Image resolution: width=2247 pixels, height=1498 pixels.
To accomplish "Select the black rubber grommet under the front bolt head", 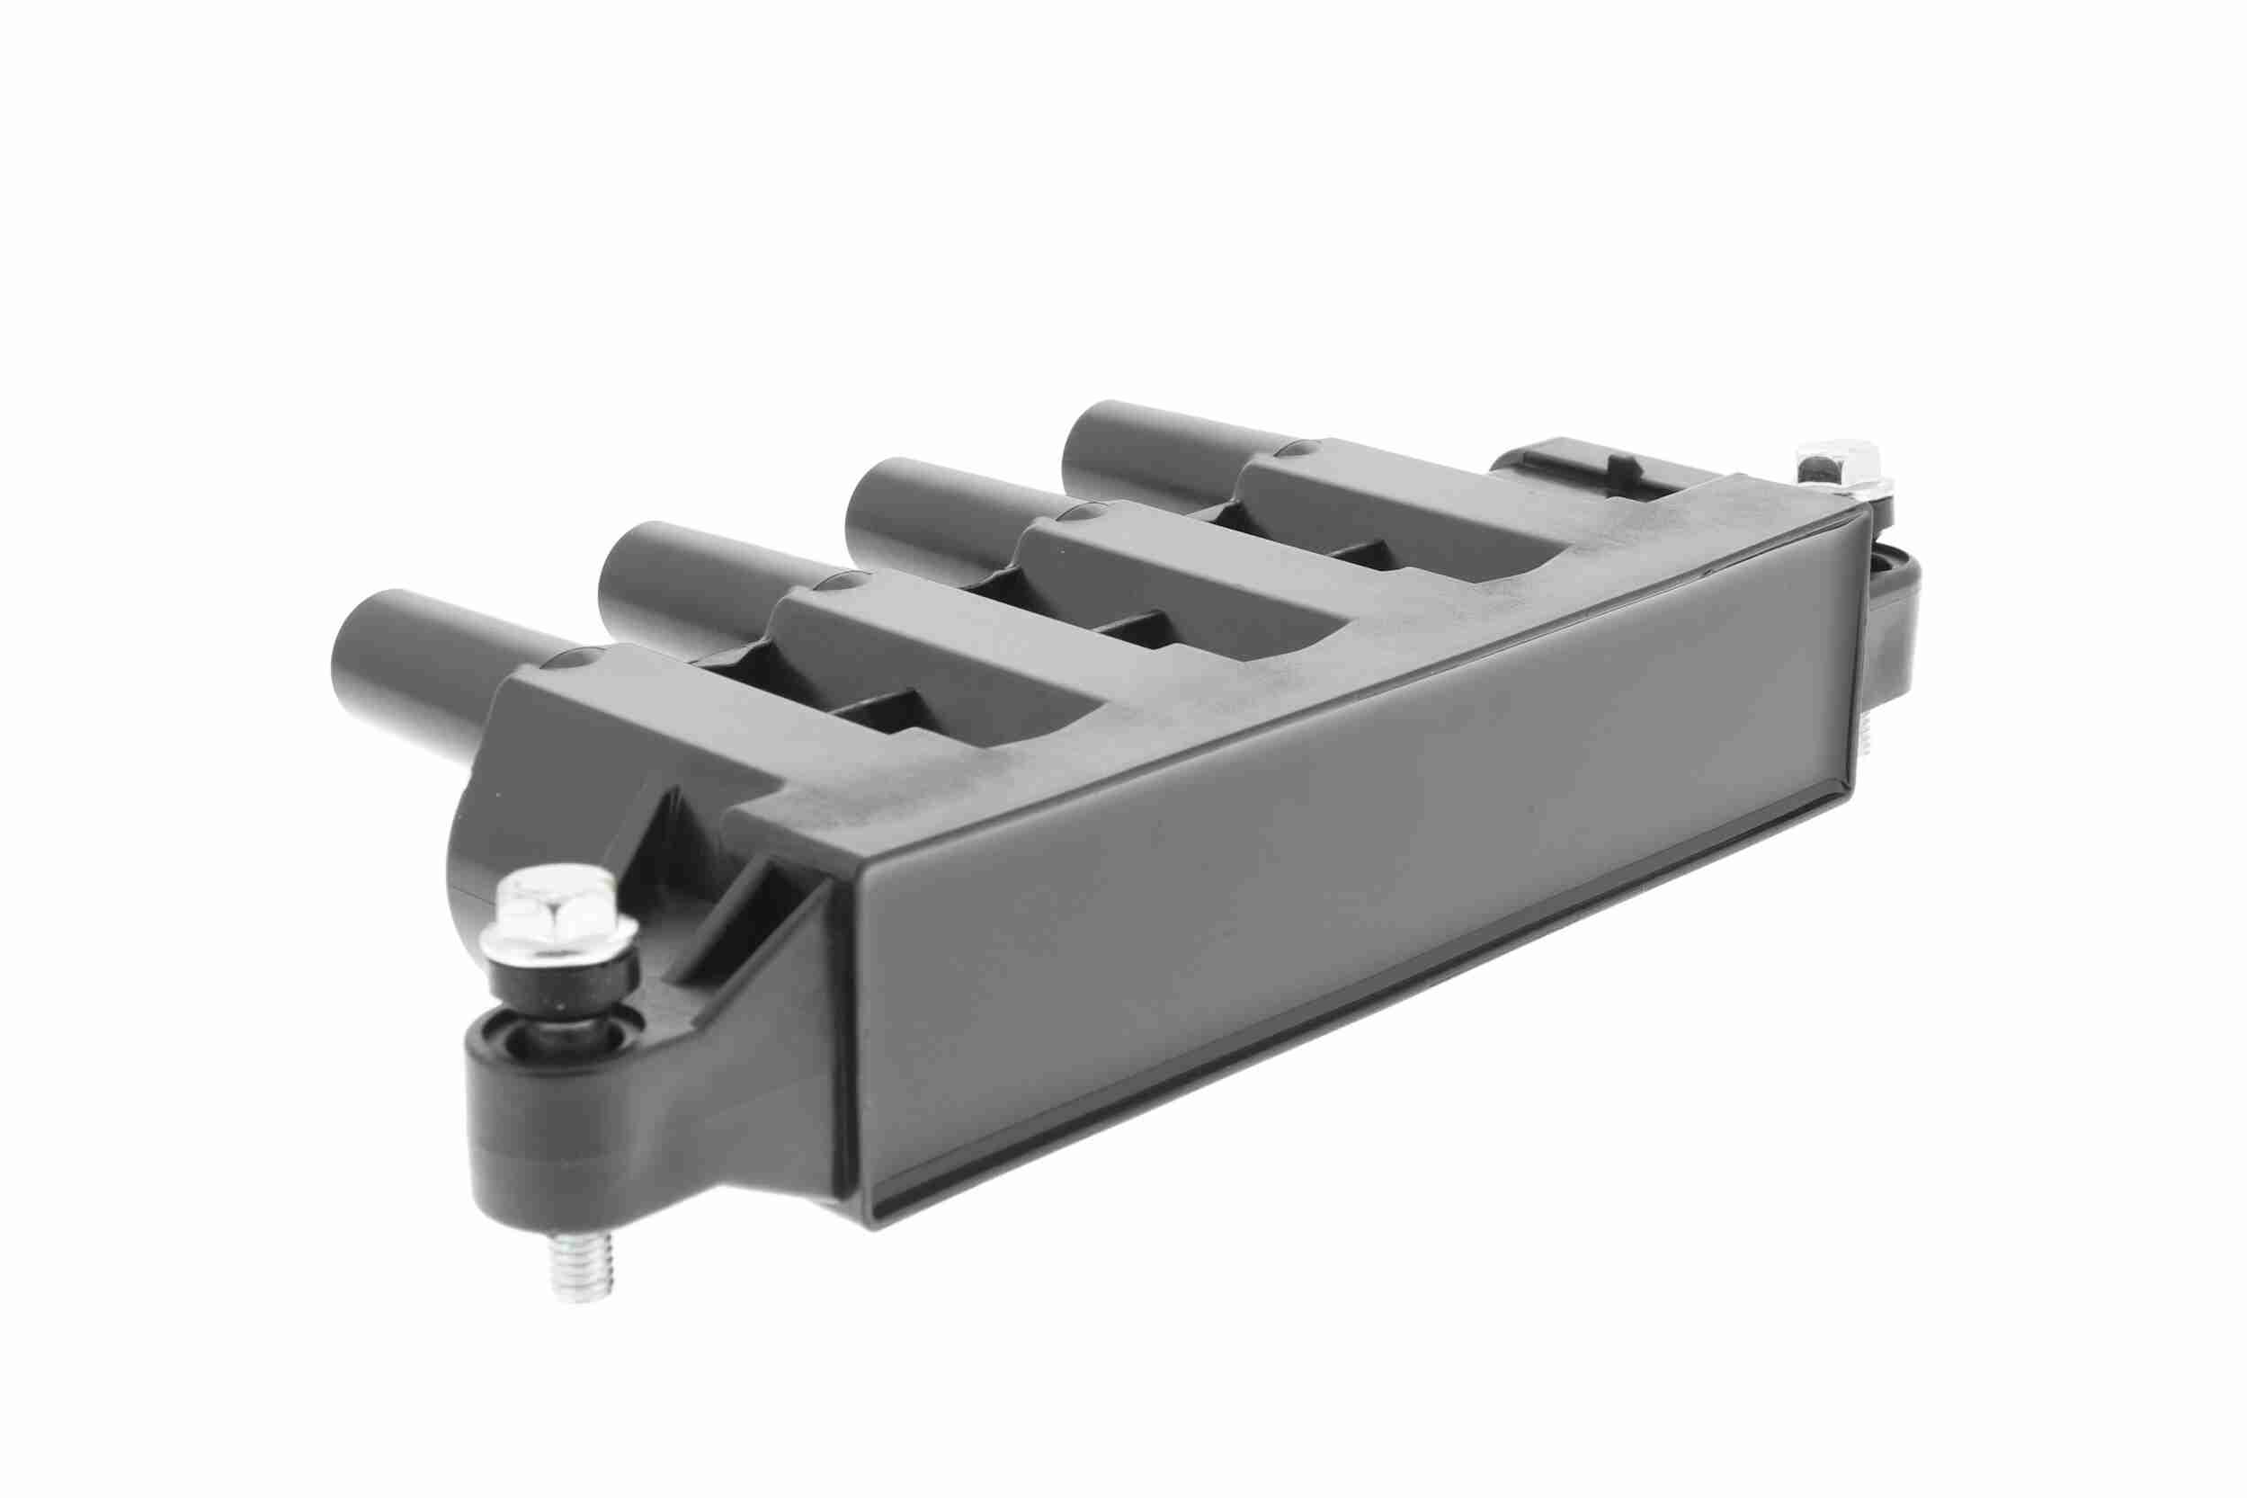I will click(x=564, y=989).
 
